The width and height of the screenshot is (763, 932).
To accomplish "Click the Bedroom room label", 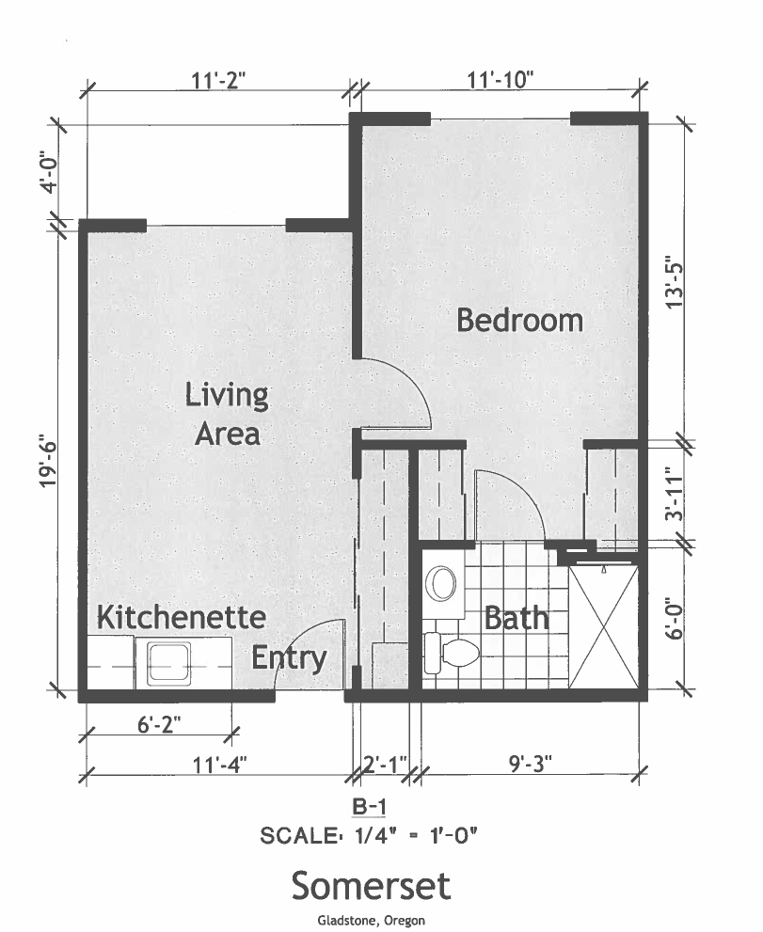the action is (519, 320).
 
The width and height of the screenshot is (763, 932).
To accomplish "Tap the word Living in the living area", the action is (227, 395).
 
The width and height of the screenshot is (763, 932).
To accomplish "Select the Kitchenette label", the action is (181, 617).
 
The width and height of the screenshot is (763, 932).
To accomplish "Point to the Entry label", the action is (289, 658).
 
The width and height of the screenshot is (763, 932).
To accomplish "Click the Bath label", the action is (517, 618).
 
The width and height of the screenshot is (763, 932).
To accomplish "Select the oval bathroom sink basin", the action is (441, 582).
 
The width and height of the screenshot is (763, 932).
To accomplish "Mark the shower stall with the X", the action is (604, 627).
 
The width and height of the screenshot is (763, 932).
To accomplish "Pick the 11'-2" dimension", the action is (218, 80).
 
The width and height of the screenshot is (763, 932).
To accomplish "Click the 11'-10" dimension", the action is (501, 80).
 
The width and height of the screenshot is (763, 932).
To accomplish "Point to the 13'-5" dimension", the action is (675, 281).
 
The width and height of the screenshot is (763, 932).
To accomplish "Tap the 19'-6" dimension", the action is (48, 464).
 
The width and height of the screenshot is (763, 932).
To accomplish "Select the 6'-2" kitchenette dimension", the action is (159, 724).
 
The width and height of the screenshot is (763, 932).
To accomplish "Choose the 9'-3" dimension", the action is (531, 763).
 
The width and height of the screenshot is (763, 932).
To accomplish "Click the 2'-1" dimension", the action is (385, 764).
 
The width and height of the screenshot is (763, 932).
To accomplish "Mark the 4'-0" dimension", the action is (49, 173).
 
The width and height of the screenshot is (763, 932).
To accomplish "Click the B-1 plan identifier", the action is (369, 807).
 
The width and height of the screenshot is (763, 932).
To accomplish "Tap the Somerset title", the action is (371, 886).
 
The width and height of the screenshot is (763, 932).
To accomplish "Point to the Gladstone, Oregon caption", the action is (371, 921).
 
